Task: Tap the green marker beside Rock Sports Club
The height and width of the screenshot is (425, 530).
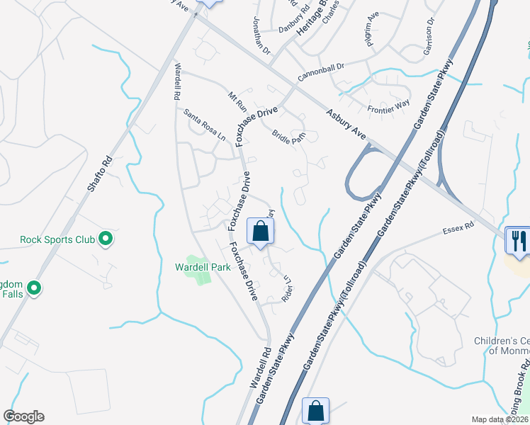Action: (x=106, y=239)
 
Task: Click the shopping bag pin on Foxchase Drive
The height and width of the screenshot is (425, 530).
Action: (x=260, y=231)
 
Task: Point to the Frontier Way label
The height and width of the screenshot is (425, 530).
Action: (x=388, y=107)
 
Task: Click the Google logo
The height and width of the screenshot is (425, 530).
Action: (x=23, y=416)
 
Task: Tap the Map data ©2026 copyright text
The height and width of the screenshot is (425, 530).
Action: (x=500, y=419)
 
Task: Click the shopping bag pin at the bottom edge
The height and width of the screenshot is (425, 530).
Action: (x=315, y=411)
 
